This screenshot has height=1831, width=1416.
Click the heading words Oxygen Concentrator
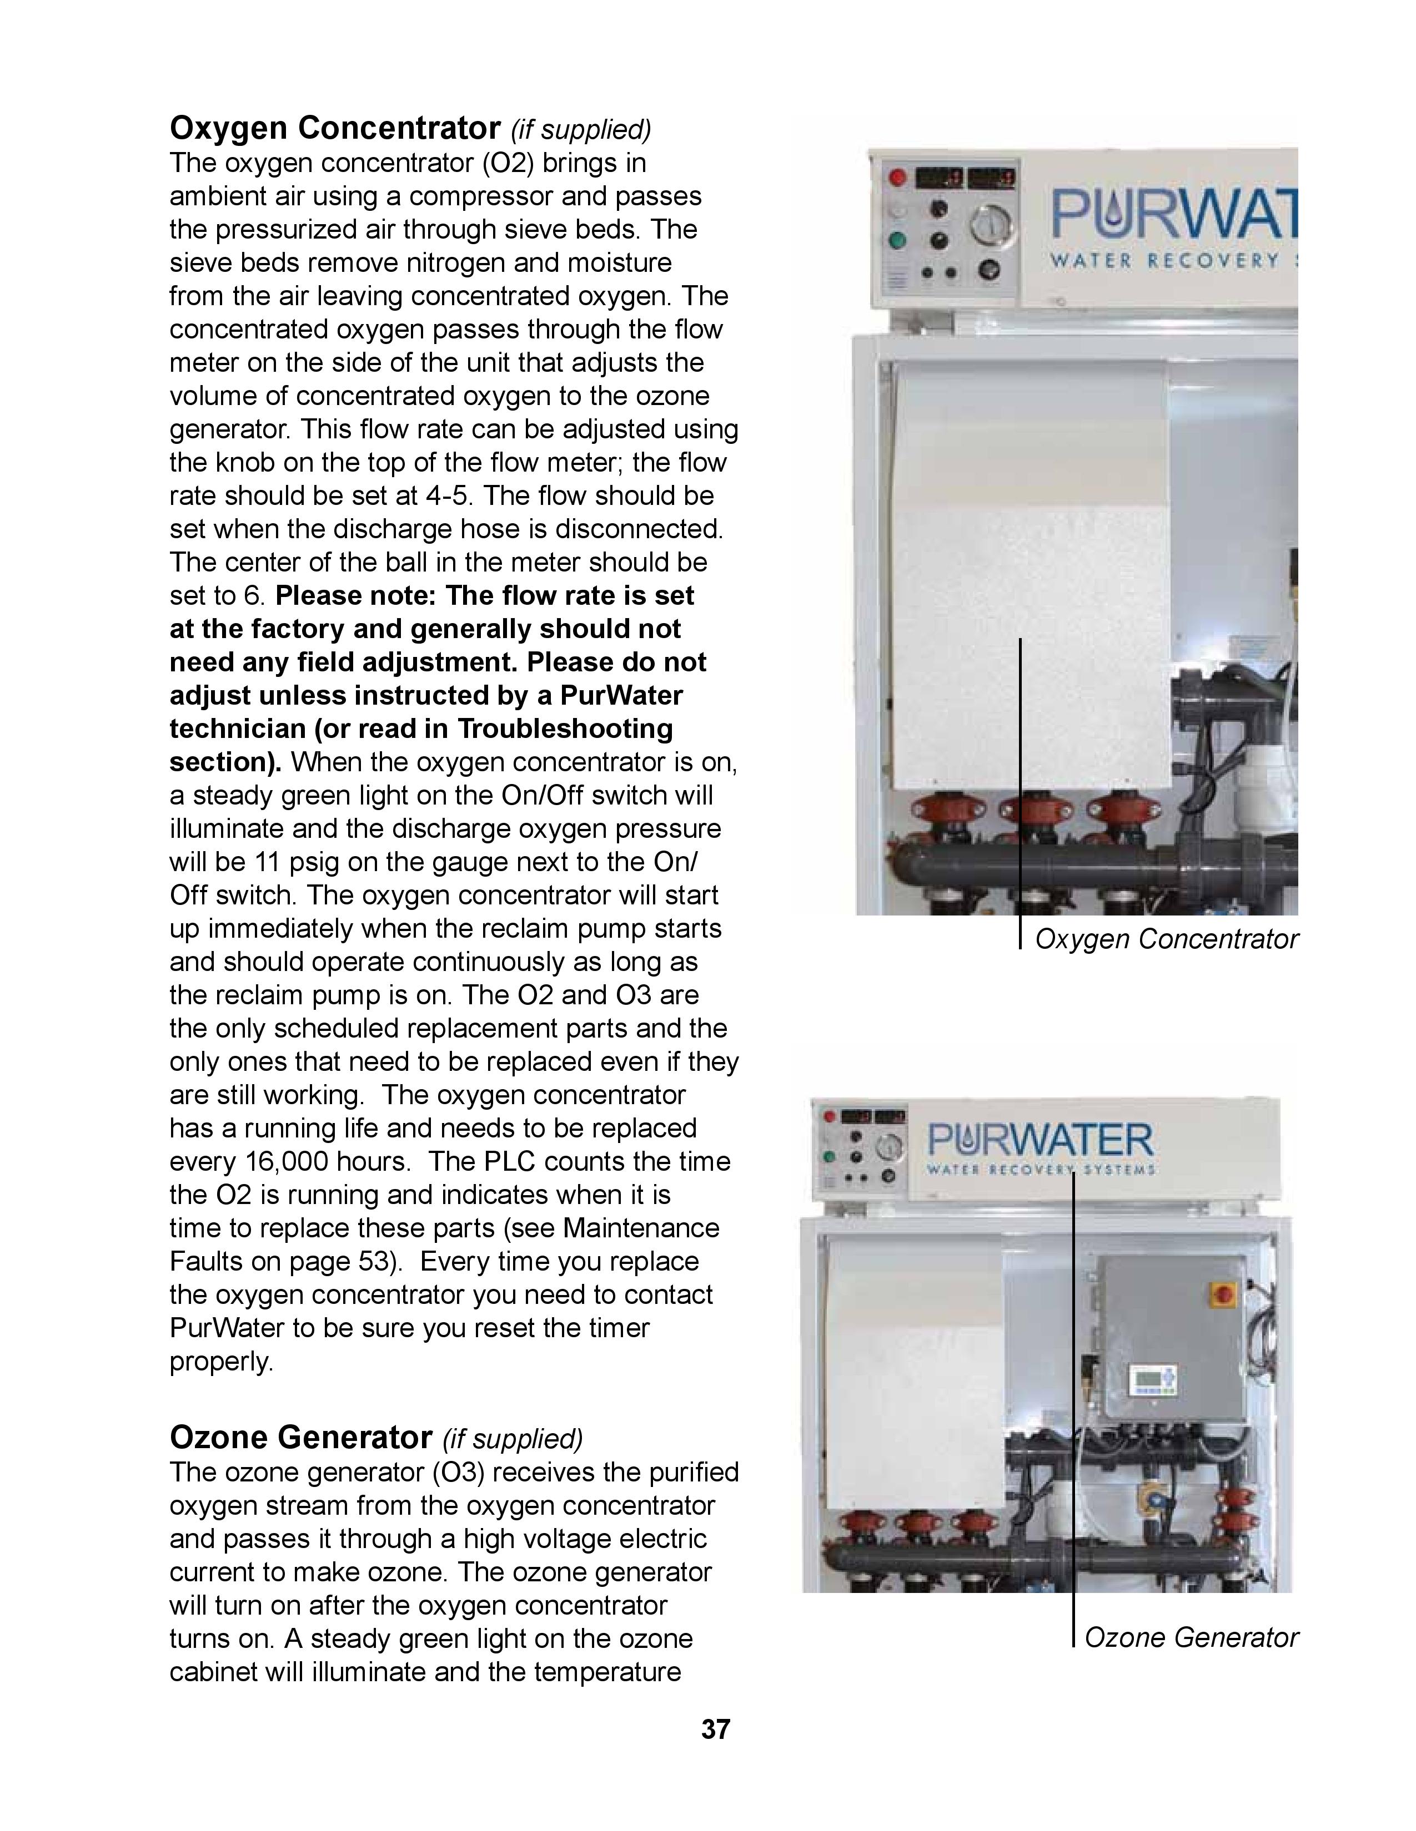pyautogui.click(x=335, y=128)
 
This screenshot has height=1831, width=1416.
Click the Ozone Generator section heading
pyautogui.click(x=300, y=1437)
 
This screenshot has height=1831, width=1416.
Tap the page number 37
pyautogui.click(x=716, y=1729)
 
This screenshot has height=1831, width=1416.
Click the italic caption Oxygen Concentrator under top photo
pyautogui.click(x=1166, y=939)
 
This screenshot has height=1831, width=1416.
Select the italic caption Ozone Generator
pyautogui.click(x=1191, y=1637)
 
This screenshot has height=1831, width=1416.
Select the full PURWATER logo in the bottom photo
pyautogui.click(x=1040, y=1148)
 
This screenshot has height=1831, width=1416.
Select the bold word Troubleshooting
pyautogui.click(x=565, y=729)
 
